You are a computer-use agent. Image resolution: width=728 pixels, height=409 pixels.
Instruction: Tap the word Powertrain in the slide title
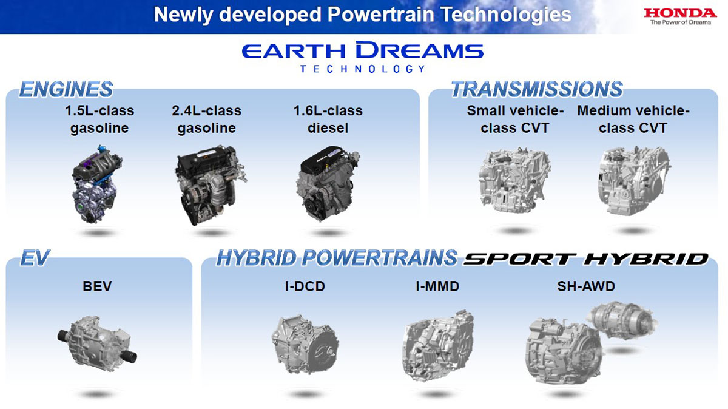(380, 15)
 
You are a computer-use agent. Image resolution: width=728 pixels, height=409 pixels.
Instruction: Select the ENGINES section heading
(66, 89)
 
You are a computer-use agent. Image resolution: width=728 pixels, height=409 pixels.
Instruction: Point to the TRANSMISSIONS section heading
(537, 89)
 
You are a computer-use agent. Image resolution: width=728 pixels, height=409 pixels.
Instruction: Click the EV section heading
(35, 258)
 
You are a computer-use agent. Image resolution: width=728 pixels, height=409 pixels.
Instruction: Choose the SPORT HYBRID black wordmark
(586, 259)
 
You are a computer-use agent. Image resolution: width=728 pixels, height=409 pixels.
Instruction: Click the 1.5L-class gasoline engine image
(97, 184)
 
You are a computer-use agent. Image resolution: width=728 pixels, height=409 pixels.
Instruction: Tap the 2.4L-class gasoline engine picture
(211, 185)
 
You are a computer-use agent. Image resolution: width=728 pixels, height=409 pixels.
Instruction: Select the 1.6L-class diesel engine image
(328, 184)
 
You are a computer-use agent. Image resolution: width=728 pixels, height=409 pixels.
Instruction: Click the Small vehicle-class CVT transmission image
(514, 180)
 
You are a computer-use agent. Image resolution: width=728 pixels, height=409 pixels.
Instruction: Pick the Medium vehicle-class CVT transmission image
(634, 181)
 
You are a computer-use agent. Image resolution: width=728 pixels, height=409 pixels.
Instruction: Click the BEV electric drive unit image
(97, 344)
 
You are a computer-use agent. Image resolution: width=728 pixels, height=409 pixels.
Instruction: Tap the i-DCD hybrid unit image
(305, 344)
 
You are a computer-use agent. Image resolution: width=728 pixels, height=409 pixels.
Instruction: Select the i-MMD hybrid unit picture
(438, 346)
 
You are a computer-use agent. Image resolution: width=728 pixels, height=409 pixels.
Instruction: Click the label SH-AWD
(586, 286)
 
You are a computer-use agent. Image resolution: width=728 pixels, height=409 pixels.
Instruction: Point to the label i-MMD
(437, 286)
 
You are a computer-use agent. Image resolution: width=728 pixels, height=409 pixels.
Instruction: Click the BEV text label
(97, 286)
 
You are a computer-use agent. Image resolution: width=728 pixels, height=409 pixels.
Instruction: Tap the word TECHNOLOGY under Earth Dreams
(363, 69)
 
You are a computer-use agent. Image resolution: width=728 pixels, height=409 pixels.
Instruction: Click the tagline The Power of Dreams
(681, 22)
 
